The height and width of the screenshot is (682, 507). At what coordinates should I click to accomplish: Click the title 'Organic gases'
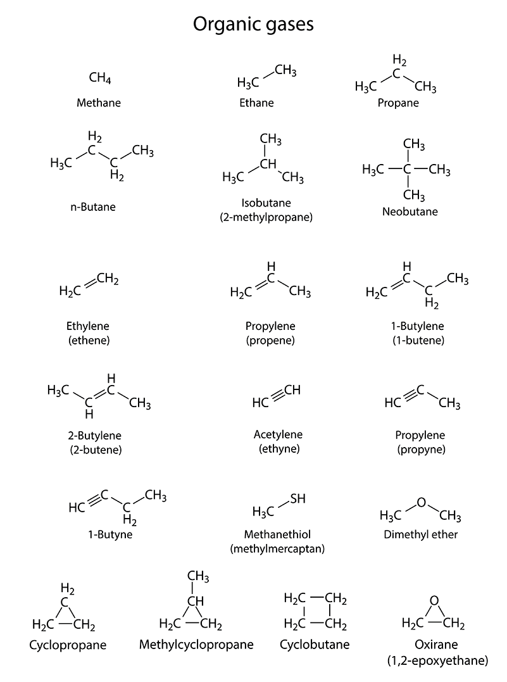[253, 25]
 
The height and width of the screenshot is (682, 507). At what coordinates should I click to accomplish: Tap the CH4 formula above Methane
[100, 79]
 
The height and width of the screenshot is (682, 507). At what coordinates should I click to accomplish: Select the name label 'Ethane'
[256, 103]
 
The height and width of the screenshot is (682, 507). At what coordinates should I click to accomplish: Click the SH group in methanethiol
[298, 499]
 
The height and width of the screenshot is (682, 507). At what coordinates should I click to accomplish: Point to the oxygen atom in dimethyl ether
[422, 503]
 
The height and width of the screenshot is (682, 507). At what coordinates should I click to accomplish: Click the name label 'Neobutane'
[410, 212]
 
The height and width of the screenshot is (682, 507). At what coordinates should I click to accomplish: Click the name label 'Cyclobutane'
[315, 645]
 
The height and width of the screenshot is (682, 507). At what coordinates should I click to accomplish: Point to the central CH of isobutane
[269, 165]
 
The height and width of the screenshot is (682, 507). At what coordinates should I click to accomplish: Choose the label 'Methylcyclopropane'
[196, 645]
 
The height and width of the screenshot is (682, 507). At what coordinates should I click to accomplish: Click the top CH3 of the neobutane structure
[414, 144]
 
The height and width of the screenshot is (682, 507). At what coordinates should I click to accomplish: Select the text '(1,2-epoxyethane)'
[437, 661]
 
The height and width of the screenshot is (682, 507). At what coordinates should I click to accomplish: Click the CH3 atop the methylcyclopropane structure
[198, 576]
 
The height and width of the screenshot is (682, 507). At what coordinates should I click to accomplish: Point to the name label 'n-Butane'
[96, 206]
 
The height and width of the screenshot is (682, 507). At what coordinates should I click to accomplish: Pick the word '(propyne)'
[421, 450]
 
